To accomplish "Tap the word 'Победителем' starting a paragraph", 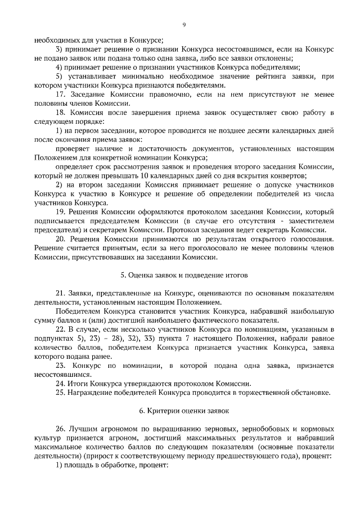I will tap(77, 311).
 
